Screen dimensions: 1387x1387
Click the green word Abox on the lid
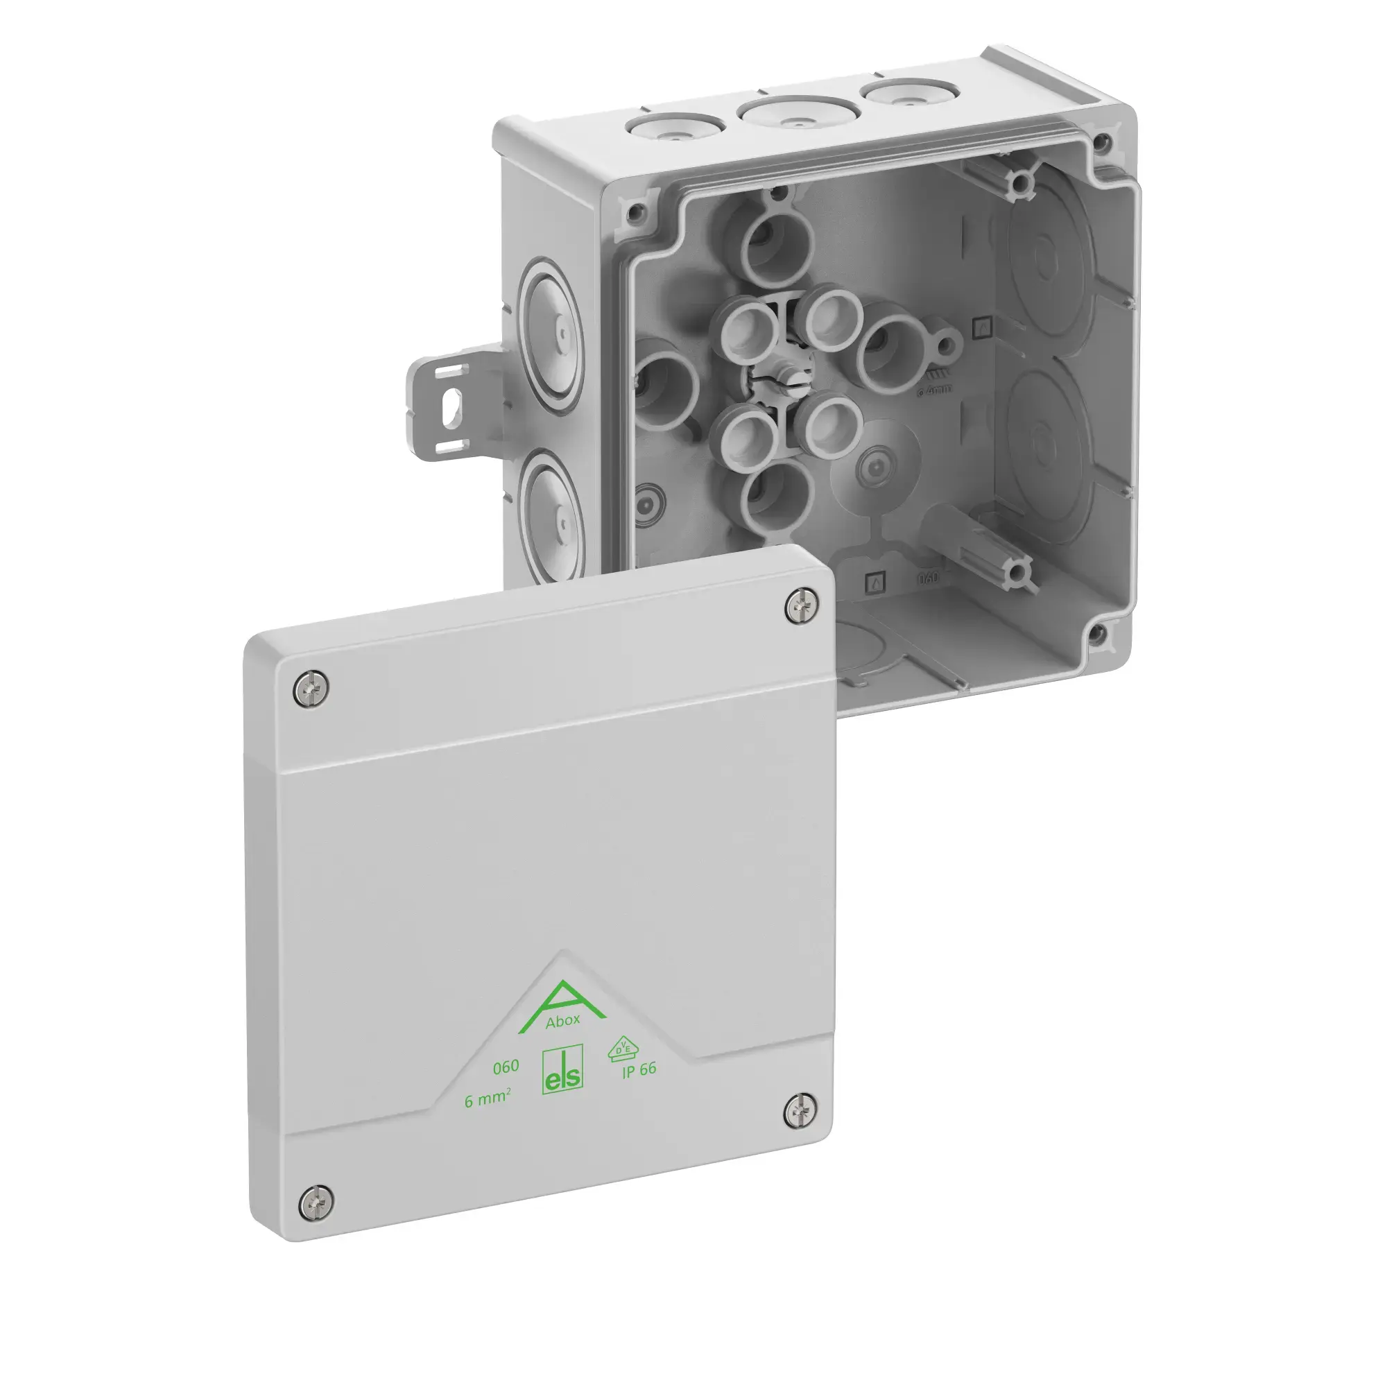[x=562, y=1022]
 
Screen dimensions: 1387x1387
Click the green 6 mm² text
[x=488, y=1099]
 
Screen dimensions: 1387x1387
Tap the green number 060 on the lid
[x=506, y=1067]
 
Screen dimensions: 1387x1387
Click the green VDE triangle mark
[x=621, y=1049]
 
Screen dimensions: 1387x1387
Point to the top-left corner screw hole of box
[x=635, y=211]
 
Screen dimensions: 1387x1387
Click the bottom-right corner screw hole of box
[x=1096, y=633]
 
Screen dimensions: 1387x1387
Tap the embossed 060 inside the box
[x=927, y=578]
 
